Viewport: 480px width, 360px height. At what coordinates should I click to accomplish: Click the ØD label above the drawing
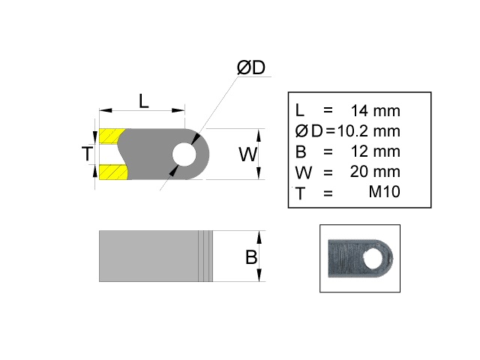click(251, 67)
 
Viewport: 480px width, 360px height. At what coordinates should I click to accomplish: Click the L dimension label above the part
click(144, 100)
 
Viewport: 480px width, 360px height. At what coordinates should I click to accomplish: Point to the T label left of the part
click(87, 154)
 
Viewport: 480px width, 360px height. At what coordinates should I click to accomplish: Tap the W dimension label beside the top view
click(247, 155)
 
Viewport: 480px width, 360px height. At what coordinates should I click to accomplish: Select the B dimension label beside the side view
click(251, 257)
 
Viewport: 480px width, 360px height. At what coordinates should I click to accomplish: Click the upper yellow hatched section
click(111, 136)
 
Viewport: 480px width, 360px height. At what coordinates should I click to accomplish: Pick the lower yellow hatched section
click(111, 172)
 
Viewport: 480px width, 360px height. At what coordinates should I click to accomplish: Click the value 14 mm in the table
click(376, 111)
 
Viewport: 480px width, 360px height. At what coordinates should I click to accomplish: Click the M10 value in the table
click(385, 192)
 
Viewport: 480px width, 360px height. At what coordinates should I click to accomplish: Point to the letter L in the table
click(300, 111)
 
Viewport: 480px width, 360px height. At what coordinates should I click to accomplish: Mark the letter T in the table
click(301, 193)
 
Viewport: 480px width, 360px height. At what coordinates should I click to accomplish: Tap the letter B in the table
click(301, 151)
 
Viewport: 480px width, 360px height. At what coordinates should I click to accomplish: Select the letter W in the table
click(303, 172)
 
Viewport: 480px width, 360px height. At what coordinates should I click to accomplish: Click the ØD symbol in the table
click(309, 131)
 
